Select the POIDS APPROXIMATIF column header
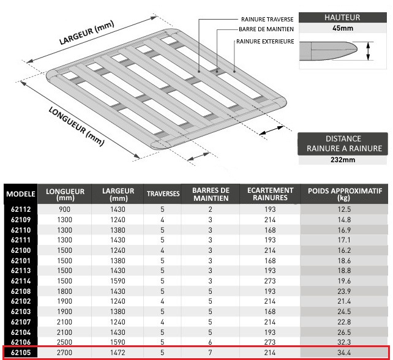345,194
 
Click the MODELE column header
21,194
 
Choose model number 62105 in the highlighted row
21,353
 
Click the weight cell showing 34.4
345,353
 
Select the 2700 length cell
65,353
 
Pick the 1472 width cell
114,353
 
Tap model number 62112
21,209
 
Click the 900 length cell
65,209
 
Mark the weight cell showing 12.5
345,209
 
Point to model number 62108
21,291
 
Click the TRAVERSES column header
163,194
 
